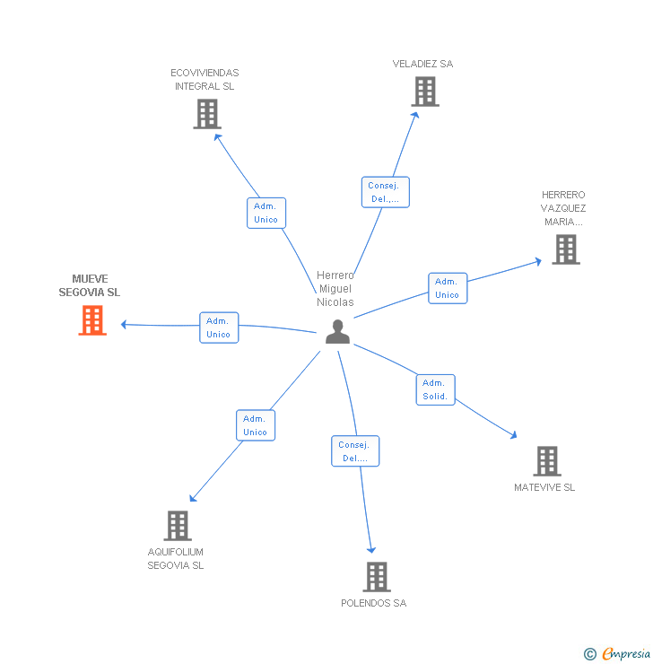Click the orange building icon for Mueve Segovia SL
pyautogui.click(x=92, y=320)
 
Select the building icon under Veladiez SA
pyautogui.click(x=425, y=92)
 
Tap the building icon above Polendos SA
pyautogui.click(x=377, y=577)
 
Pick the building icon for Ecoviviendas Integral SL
pyautogui.click(x=207, y=114)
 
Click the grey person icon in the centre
pyautogui.click(x=337, y=332)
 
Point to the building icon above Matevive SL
pyautogui.click(x=547, y=461)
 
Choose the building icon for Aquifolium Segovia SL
pyautogui.click(x=178, y=526)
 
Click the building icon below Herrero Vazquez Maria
pyautogui.click(x=566, y=249)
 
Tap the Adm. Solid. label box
pyautogui.click(x=436, y=389)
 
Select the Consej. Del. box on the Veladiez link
pyautogui.click(x=386, y=192)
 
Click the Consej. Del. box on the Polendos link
pyautogui.click(x=355, y=451)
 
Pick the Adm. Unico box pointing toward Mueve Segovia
pyautogui.click(x=219, y=328)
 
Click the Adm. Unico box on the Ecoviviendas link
pyautogui.click(x=266, y=213)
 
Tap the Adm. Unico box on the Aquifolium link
pyautogui.click(x=256, y=425)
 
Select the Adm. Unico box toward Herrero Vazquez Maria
pyautogui.click(x=448, y=288)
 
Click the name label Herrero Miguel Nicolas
pyautogui.click(x=335, y=289)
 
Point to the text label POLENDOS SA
pyautogui.click(x=373, y=603)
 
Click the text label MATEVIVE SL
pyautogui.click(x=544, y=487)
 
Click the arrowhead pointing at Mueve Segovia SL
pyautogui.click(x=125, y=324)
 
